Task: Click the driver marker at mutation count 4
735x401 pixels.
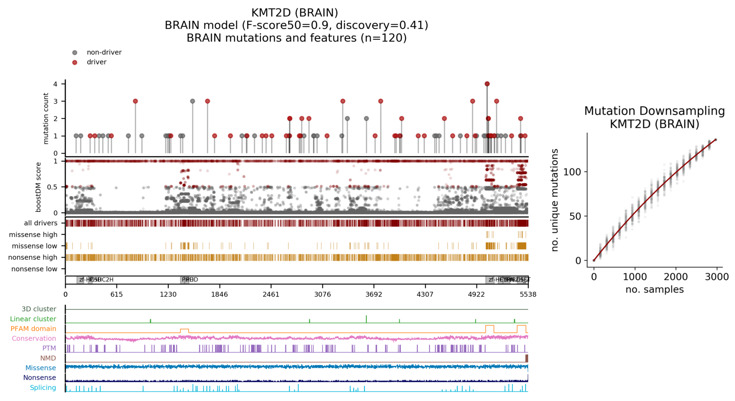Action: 487,84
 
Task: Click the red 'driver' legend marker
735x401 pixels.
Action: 75,62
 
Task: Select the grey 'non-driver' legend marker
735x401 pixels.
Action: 75,52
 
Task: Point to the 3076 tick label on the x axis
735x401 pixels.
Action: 322,294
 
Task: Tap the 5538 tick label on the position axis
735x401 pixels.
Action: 528,294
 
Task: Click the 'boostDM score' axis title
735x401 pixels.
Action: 39,187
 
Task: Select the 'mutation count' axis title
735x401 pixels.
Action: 46,118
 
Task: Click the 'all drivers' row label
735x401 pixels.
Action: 41,223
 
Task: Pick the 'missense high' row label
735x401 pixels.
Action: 33,234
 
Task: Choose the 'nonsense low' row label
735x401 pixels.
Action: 34,269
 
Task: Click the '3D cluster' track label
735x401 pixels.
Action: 39,309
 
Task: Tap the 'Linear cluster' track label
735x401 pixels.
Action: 33,319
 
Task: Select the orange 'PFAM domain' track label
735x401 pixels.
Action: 34,329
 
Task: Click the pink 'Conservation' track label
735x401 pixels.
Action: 34,339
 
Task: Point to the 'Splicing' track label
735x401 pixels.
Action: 43,388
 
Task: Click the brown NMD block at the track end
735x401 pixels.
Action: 526,358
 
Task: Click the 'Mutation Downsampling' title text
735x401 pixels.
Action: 654,111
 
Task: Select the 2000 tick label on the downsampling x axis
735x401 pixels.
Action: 676,277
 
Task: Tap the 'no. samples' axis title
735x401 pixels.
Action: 654,290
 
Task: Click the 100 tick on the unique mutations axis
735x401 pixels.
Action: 572,172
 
